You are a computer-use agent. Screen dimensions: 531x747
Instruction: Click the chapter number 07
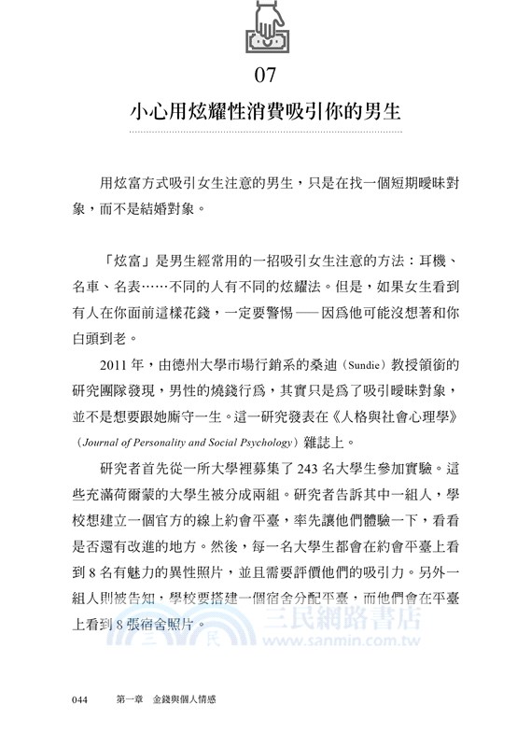click(x=265, y=74)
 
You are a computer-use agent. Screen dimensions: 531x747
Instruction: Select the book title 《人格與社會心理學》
click(x=397, y=413)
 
